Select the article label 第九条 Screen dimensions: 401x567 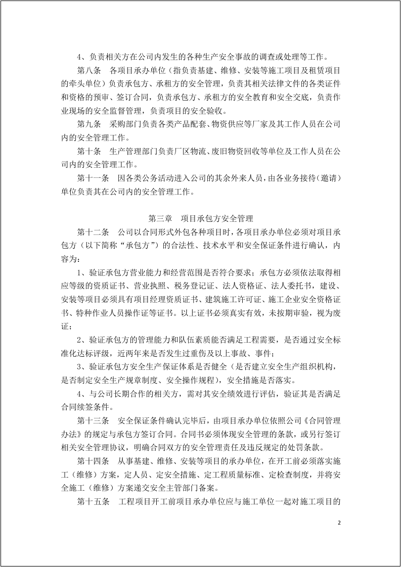tap(89, 124)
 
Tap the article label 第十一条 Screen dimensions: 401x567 tap(93, 178)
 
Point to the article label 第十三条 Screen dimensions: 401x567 tap(93, 420)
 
